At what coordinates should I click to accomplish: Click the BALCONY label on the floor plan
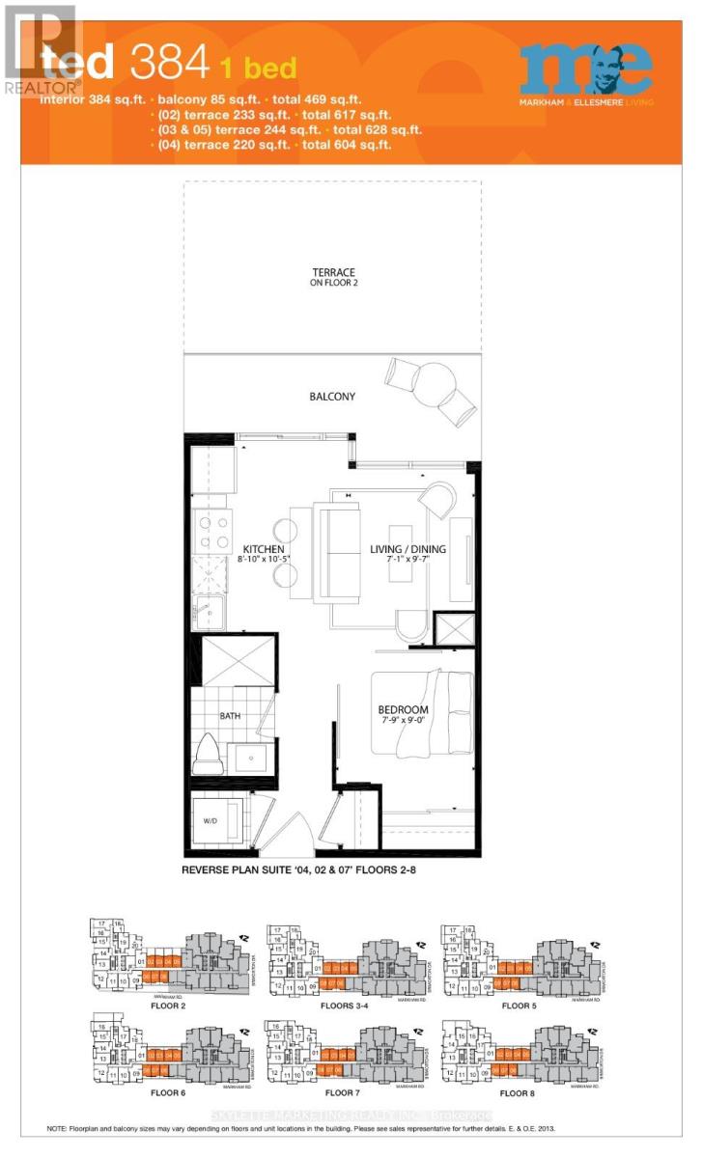332,397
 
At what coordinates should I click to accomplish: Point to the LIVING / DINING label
408,549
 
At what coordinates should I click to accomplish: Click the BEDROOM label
403,710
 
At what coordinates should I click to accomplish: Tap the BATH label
229,717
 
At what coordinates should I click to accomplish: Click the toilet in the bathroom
209,754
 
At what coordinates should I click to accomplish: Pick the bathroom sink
251,758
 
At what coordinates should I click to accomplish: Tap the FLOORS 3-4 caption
347,1006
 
